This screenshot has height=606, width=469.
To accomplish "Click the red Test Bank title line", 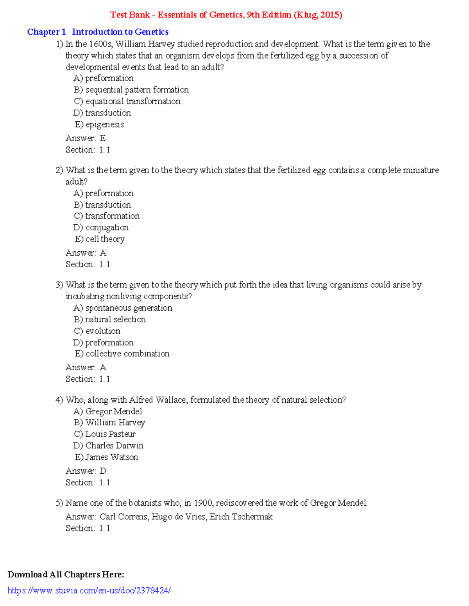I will [x=226, y=15].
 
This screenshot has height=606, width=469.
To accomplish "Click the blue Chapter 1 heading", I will [x=98, y=32].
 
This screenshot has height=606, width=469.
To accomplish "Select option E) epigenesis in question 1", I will [x=99, y=124].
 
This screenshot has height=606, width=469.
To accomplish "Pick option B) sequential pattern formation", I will [x=131, y=90].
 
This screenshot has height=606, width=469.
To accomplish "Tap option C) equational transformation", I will [x=127, y=101].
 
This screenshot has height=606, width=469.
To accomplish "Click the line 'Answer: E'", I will [x=85, y=138].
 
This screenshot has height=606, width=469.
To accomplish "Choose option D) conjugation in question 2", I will [x=101, y=227].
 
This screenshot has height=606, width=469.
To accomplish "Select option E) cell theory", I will [x=100, y=239].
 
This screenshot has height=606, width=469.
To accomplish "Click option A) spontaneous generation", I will [x=123, y=308].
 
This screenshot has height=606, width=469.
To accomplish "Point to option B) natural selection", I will [x=109, y=319].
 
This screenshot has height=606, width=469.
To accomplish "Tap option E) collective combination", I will [x=122, y=354].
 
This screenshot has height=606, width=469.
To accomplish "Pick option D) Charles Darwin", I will [x=108, y=446].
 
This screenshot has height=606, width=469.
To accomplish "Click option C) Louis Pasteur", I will [x=104, y=434].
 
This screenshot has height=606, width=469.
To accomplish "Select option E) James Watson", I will [x=106, y=457].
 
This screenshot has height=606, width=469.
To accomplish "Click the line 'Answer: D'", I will [x=86, y=471].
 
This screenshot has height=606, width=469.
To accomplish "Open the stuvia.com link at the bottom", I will [x=89, y=590].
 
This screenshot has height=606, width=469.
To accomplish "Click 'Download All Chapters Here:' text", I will [x=66, y=574].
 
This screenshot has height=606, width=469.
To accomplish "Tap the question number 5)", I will [x=59, y=503].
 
